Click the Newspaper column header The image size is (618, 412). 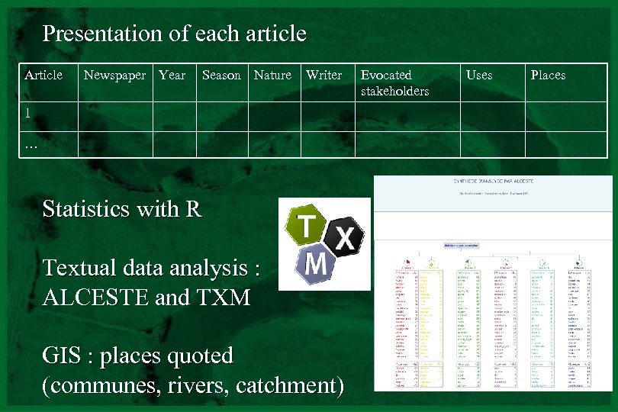point(114,75)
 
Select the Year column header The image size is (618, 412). point(172,75)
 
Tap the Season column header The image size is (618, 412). point(221,75)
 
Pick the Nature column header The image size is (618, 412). point(272,75)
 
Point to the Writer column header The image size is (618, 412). point(324,75)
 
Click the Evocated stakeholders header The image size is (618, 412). point(394,83)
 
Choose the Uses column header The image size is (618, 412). point(479,75)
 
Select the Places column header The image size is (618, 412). point(548,75)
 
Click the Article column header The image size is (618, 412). point(43,75)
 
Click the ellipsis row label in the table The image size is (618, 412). point(31,144)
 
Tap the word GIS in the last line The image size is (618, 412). point(62,356)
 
